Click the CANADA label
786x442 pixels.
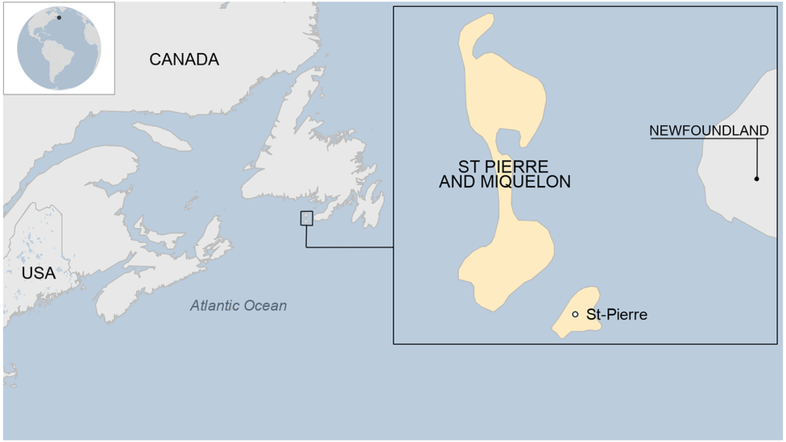[184, 60]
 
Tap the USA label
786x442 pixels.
[39, 274]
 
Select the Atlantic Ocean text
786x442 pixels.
[238, 306]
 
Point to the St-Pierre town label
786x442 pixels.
[617, 315]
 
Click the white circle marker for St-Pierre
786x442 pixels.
[575, 315]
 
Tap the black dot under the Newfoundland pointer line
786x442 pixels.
[756, 178]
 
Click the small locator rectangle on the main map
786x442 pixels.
[306, 217]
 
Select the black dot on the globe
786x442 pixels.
[59, 17]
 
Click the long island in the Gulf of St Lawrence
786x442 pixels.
[161, 136]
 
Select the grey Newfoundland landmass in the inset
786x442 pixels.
[745, 161]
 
